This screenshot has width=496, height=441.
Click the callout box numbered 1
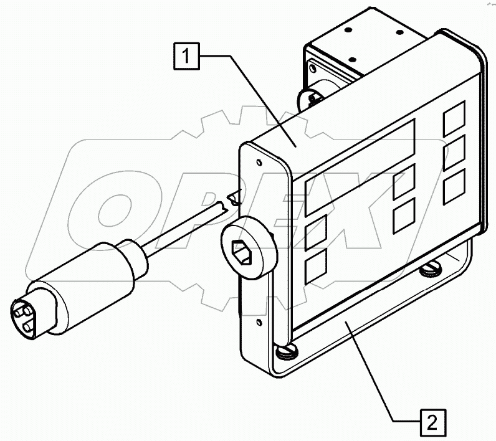[187, 56]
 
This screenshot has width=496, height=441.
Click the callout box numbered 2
[432, 422]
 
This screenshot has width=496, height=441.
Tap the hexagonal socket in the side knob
[242, 252]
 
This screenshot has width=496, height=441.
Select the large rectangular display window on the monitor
[360, 167]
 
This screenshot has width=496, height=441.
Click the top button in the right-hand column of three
[454, 118]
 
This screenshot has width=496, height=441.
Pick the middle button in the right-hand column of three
[454, 153]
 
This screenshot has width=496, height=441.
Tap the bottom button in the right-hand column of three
[454, 187]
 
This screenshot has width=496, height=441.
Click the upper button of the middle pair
[404, 182]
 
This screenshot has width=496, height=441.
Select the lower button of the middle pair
[404, 216]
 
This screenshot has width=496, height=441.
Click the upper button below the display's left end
[316, 233]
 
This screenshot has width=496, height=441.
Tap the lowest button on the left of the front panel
[316, 267]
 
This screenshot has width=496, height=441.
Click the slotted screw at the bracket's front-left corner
[287, 351]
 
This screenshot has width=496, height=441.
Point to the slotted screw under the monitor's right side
[431, 268]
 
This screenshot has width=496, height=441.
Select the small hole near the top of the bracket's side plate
[259, 163]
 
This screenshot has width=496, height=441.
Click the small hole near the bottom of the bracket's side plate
[259, 323]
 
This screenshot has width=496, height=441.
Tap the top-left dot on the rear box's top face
[348, 30]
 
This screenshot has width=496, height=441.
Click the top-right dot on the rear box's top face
[400, 32]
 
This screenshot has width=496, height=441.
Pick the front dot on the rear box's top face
[353, 59]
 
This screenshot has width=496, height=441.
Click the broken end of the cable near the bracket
[234, 200]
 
